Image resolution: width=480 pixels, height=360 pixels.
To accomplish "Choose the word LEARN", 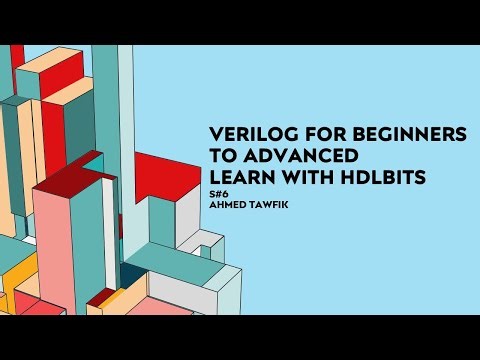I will coord(238,177).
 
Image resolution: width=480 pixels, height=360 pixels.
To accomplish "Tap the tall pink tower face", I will coord(59,250).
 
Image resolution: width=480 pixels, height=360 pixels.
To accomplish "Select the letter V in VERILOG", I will coord(216,135).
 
